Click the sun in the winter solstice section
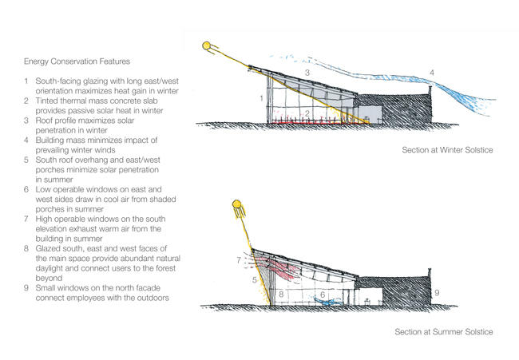(x=207, y=45)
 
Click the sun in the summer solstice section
(x=236, y=204)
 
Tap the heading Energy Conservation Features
(x=77, y=61)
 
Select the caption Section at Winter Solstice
(x=447, y=150)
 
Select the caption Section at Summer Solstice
(x=443, y=331)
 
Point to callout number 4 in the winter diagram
(x=432, y=72)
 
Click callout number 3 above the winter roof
(x=307, y=73)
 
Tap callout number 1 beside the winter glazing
(x=261, y=98)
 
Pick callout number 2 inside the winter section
(x=307, y=113)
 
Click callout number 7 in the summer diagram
(x=239, y=260)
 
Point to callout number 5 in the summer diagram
(x=254, y=280)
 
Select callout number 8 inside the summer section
(x=281, y=294)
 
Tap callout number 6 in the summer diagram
(x=323, y=295)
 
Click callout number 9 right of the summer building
(x=437, y=292)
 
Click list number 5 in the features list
(x=26, y=160)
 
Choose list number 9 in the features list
(x=26, y=288)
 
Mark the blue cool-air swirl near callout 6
(x=327, y=301)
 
